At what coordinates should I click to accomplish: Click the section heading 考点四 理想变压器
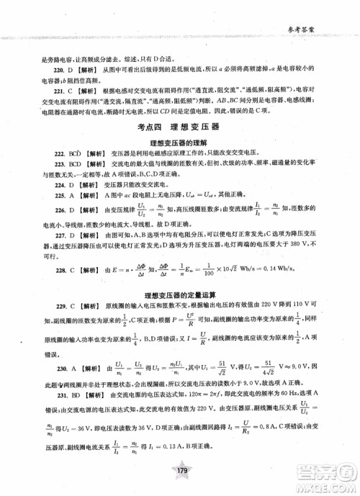tap(179, 126)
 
